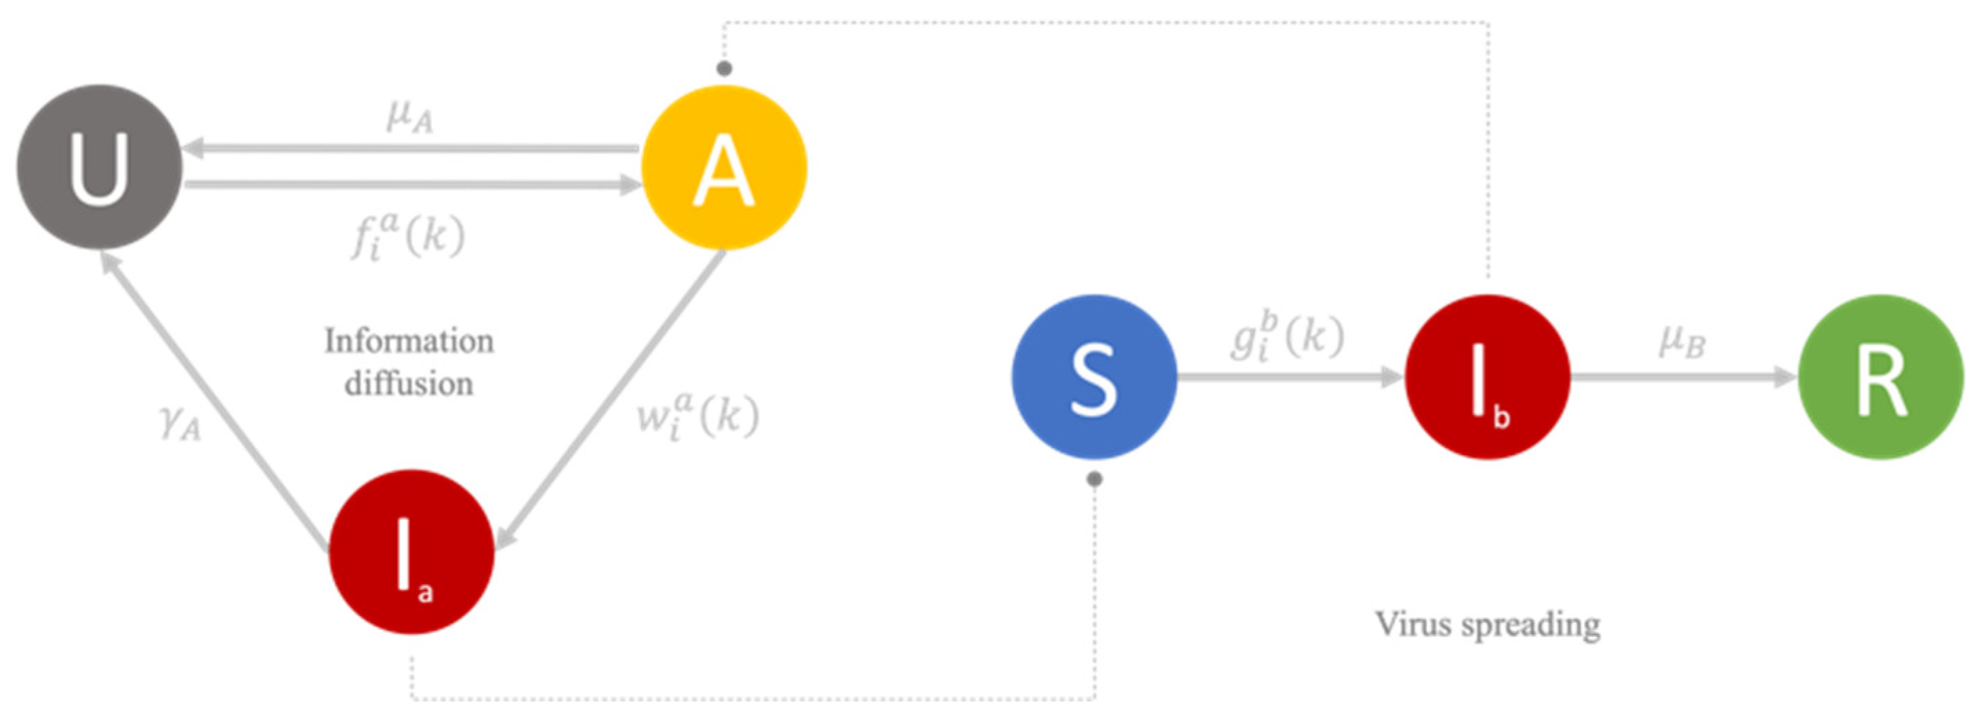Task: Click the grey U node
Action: click(x=99, y=167)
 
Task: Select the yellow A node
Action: click(x=724, y=167)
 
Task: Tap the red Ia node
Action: click(x=411, y=551)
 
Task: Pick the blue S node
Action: click(x=1094, y=377)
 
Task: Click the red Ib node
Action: click(x=1487, y=377)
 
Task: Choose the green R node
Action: click(x=1881, y=377)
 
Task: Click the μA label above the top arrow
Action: click(x=409, y=117)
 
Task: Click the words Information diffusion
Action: click(x=409, y=361)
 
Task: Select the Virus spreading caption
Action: click(x=1487, y=624)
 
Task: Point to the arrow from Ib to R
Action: click(x=1683, y=377)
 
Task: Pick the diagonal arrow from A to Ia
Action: click(x=611, y=399)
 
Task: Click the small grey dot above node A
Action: click(x=724, y=69)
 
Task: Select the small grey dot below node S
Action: click(x=1094, y=479)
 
